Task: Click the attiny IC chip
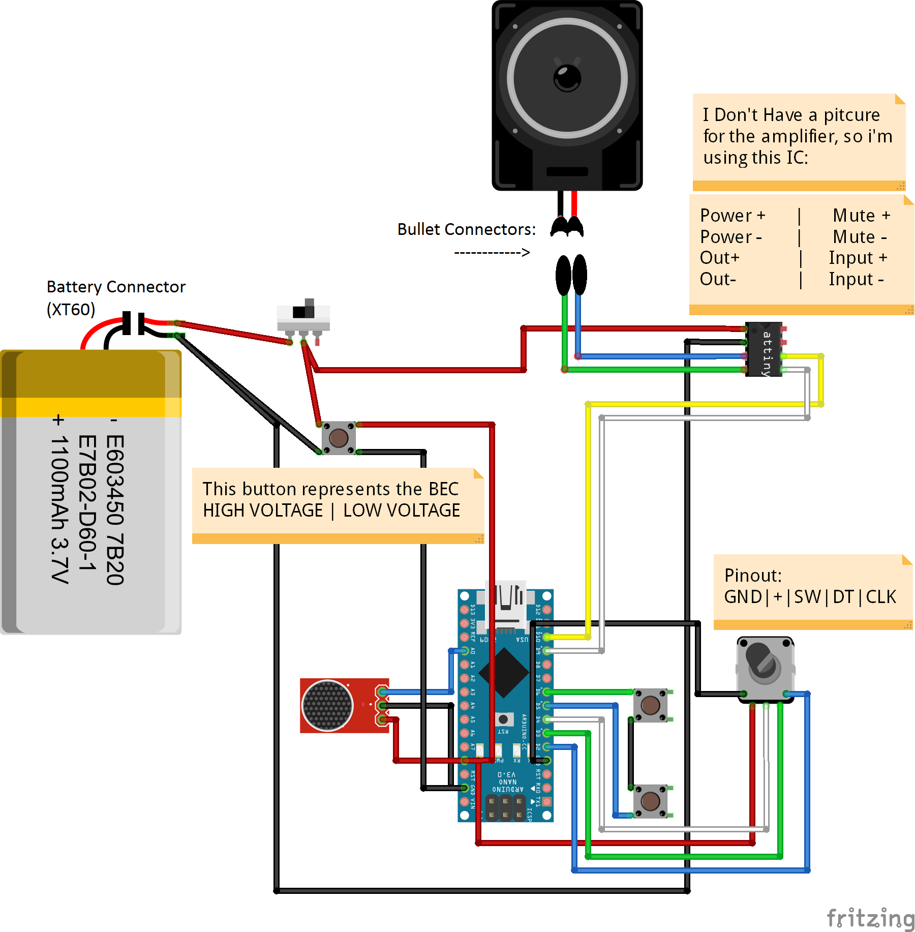764,349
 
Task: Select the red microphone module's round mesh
327,705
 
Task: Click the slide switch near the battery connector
303,318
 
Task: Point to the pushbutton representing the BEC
339,437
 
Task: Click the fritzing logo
870,918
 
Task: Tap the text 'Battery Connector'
116,287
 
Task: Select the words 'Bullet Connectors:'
466,229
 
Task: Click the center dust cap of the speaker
567,78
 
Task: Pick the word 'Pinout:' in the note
752,575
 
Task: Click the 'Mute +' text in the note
861,215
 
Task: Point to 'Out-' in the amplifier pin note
717,279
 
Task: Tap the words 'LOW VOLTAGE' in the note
401,510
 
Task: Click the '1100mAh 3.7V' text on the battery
59,508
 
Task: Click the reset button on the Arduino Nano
503,718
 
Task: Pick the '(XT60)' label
71,309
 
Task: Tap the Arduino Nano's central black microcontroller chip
504,673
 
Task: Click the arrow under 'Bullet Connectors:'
492,252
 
